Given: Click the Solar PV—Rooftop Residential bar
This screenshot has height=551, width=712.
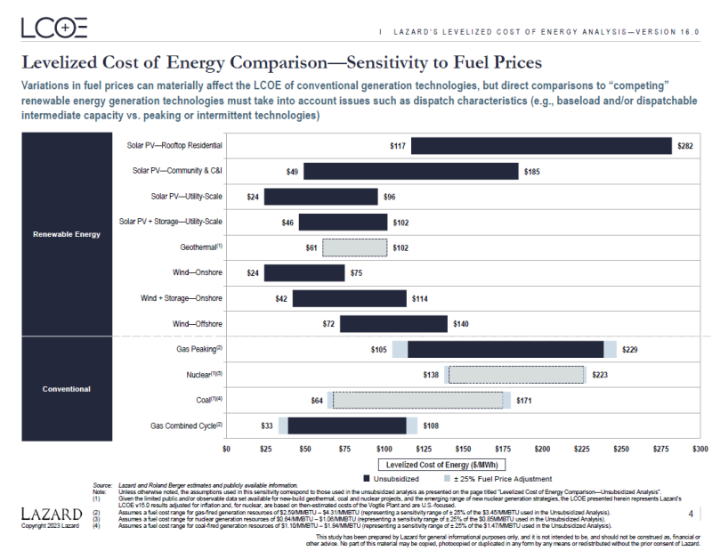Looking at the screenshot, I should coord(541,146).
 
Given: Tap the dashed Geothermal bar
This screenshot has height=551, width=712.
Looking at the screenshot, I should coord(354,247).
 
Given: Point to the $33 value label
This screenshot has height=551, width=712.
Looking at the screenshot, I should coord(266,426).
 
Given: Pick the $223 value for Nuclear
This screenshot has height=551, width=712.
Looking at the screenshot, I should coord(599,376).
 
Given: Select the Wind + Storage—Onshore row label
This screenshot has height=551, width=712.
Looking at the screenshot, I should coord(182,298).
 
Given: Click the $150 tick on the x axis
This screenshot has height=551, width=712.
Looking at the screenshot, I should coord(463,450).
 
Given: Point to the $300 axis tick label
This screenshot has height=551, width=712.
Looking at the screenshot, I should coord(700,450).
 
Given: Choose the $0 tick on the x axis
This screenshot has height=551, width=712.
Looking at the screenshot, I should coord(226,450).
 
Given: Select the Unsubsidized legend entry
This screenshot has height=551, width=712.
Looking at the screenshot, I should coord(392,479).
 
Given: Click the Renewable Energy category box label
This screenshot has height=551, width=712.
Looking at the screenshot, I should coord(67,234).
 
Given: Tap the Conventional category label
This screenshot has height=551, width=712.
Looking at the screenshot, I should coord(67,389).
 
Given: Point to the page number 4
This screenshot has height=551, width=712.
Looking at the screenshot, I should coord(691,514).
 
